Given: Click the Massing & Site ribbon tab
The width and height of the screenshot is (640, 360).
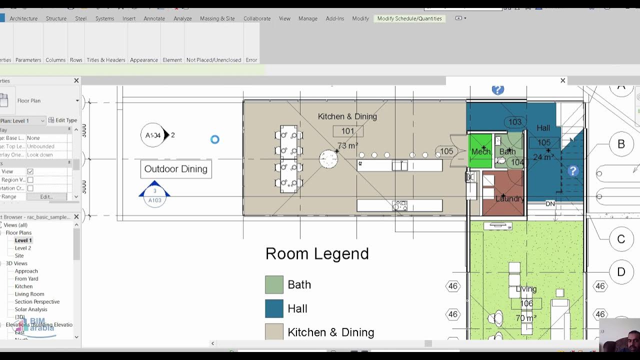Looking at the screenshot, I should coord(217,18).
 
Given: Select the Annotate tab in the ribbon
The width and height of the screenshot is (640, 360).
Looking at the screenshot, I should coord(154,18).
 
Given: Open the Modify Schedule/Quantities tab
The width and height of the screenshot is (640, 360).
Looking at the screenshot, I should coord(409,18).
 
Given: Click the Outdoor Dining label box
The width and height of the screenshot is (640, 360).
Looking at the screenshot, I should coord(176,169).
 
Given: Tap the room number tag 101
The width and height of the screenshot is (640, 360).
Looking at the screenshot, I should coord(347,131).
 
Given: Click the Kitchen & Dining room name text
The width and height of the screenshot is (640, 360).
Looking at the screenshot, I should coord(347,116).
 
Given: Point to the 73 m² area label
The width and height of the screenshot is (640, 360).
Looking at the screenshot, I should coord(347,146).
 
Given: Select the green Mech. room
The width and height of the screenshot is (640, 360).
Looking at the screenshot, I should coord(480,151).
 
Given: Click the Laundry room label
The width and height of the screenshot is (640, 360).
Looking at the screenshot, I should coord(509,198).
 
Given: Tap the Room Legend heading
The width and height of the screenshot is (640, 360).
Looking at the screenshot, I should coord(317,253).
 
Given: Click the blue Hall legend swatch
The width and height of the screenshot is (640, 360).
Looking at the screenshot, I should coord(274,308).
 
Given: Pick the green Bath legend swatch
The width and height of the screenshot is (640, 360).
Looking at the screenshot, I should coord(274,284).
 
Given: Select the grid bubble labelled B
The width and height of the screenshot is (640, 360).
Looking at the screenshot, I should coord(621,144).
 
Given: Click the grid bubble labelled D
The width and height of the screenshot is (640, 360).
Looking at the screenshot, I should coord(621,271).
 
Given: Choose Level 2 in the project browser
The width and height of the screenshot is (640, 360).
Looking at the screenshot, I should coord(22,248).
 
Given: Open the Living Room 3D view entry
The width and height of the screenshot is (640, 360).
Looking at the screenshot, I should coord(29,294).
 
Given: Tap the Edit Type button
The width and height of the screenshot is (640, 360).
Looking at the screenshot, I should coord(63,120).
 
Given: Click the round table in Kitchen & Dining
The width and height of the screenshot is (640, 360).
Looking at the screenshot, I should coord(328,159).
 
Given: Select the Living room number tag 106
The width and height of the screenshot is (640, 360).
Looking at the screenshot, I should coord(526,303).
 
